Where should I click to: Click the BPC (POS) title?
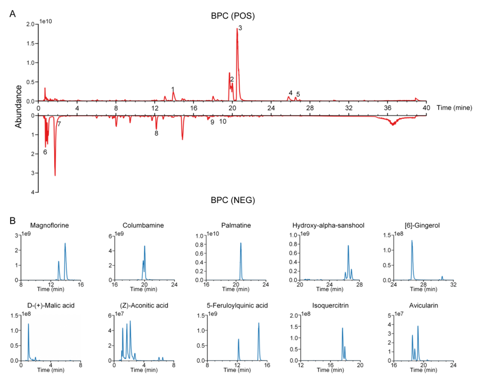click(x=233, y=16)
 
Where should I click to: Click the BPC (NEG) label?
click(x=233, y=200)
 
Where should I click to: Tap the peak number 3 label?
click(x=240, y=28)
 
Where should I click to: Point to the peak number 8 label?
click(x=156, y=133)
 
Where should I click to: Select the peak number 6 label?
click(x=45, y=152)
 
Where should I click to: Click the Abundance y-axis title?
click(x=18, y=107)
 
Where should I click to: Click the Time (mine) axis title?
click(x=454, y=108)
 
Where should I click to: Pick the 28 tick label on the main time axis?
click(x=310, y=108)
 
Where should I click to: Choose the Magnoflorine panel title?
click(x=49, y=225)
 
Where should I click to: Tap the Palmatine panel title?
click(x=236, y=225)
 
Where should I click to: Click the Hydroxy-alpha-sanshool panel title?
click(x=328, y=225)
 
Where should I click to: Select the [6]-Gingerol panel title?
click(x=422, y=225)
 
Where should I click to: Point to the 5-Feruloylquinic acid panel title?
click(x=237, y=306)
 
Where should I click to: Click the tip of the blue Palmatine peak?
click(x=240, y=243)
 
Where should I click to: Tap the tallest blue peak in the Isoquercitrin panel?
click(x=343, y=328)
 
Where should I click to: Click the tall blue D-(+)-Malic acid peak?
click(x=28, y=324)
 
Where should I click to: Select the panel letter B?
click(x=12, y=221)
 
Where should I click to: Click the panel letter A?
click(x=12, y=14)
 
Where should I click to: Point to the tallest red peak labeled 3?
click(x=237, y=28)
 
